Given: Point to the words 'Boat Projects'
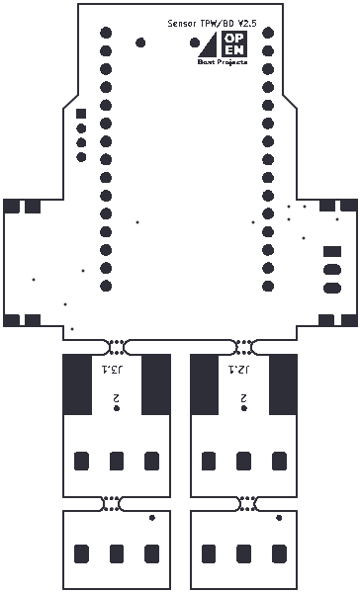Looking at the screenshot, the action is point(223,62).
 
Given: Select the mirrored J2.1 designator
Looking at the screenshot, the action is point(238,370).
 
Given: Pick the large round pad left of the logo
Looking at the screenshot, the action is point(140,42).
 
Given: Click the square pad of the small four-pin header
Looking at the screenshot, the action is point(81,114).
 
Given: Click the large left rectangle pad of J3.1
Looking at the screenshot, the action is point(77,384).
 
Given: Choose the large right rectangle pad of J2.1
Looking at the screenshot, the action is point(283,384).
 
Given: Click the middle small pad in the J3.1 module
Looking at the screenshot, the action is point(117,461).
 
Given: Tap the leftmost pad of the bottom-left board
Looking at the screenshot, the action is point(82,551).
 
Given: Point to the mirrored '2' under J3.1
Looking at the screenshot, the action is point(116,398).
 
